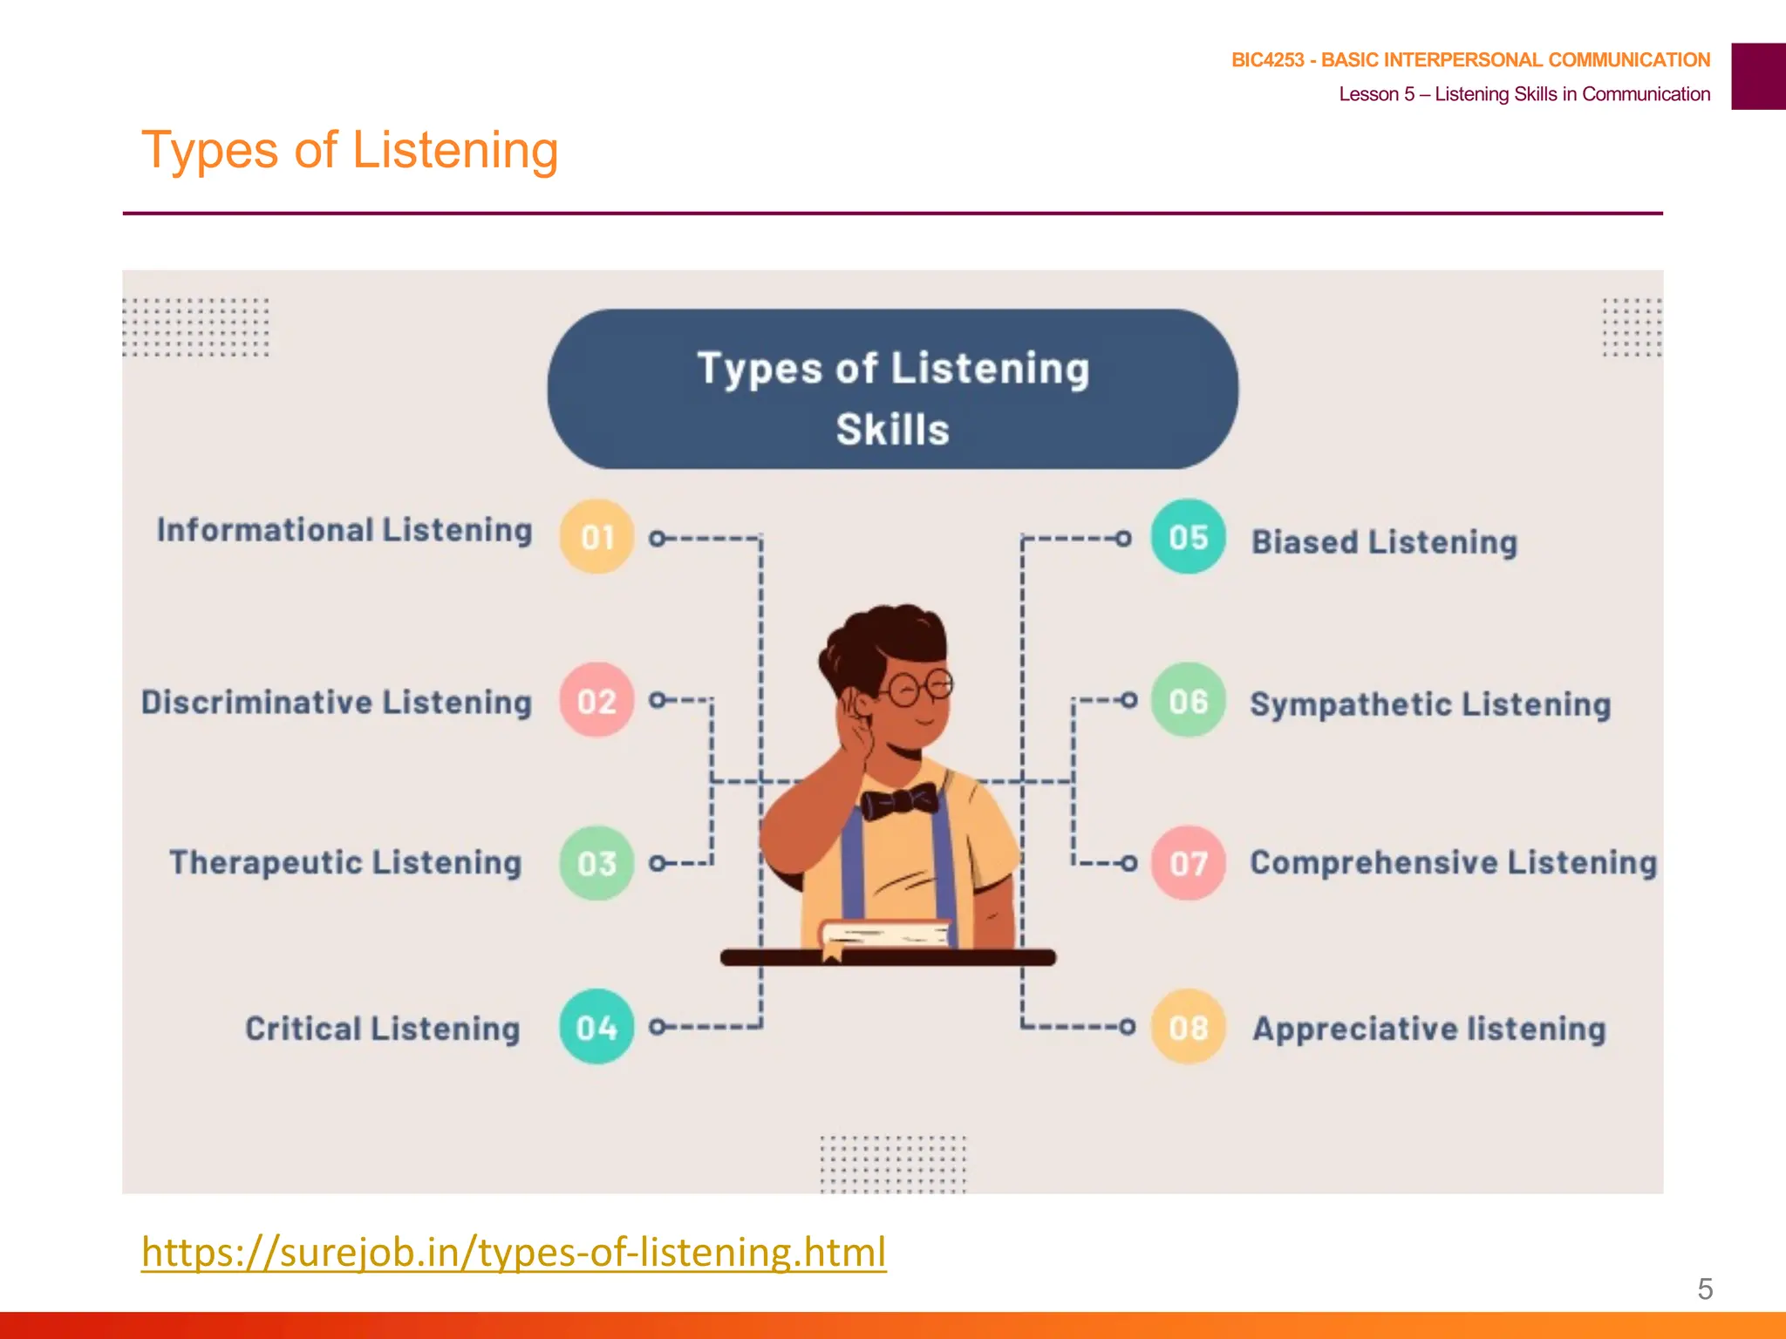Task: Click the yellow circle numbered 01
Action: pyautogui.click(x=596, y=537)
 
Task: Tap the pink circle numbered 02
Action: pyautogui.click(x=596, y=701)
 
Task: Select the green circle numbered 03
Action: pyautogui.click(x=596, y=863)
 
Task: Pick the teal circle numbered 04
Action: pyautogui.click(x=596, y=1027)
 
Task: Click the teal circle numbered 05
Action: pyautogui.click(x=1188, y=537)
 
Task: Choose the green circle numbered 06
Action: pyautogui.click(x=1188, y=701)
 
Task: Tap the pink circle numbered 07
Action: pyautogui.click(x=1188, y=863)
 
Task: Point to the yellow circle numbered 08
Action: pyautogui.click(x=1188, y=1027)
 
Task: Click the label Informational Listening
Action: pyautogui.click(x=344, y=530)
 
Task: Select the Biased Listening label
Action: pyautogui.click(x=1384, y=542)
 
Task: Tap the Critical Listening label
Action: pyautogui.click(x=382, y=1029)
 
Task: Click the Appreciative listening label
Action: pyautogui.click(x=1428, y=1029)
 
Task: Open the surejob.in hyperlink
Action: pyautogui.click(x=514, y=1252)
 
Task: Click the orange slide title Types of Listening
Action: pyautogui.click(x=350, y=150)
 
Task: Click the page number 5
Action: pyautogui.click(x=1705, y=1288)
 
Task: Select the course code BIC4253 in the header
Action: pyautogui.click(x=1267, y=60)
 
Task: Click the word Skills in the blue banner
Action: pyautogui.click(x=892, y=430)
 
